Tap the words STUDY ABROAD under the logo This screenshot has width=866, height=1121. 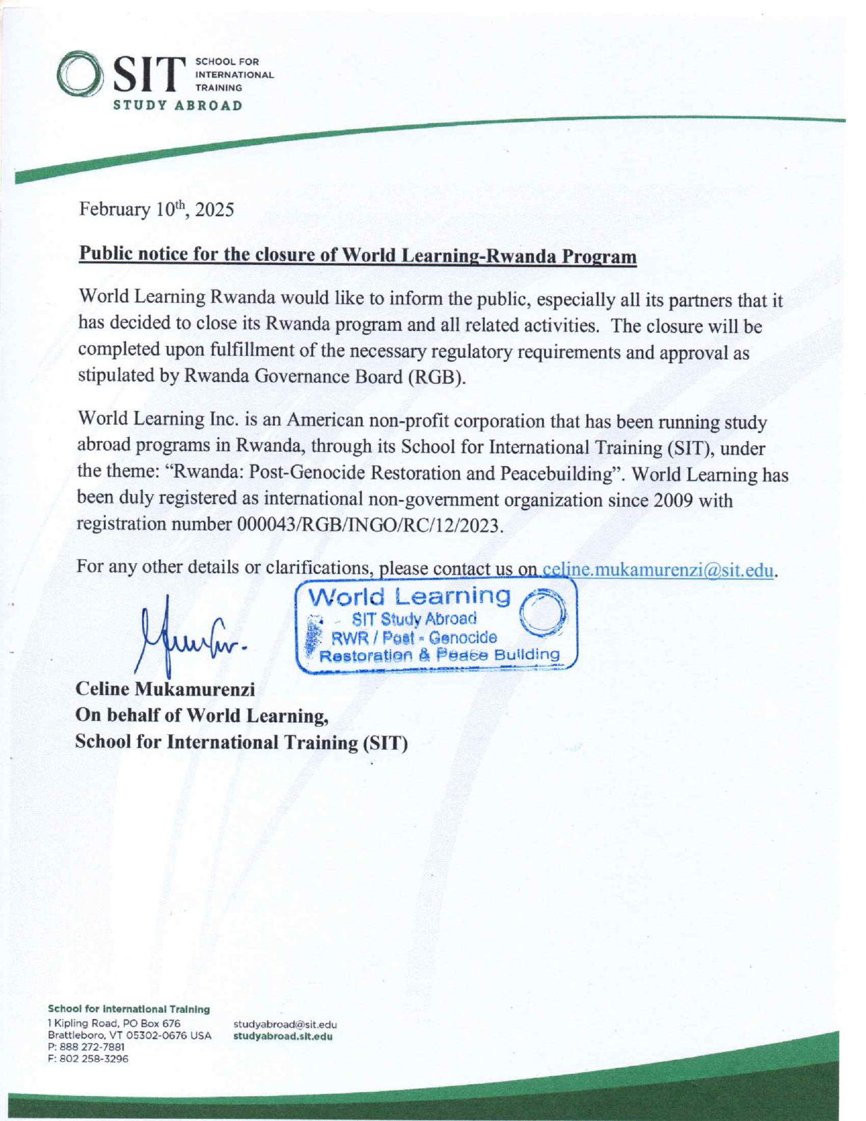coord(177,106)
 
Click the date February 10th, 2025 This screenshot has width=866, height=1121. coord(157,209)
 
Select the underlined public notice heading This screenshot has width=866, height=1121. coord(358,256)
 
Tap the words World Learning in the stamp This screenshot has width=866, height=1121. coord(410,597)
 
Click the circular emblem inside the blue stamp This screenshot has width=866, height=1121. coord(542,612)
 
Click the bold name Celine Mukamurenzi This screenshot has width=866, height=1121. coord(165,690)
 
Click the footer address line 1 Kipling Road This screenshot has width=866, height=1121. coord(114,1023)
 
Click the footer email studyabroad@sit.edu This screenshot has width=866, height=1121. coord(285,1025)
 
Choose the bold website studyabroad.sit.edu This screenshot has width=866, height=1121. coord(283,1036)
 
